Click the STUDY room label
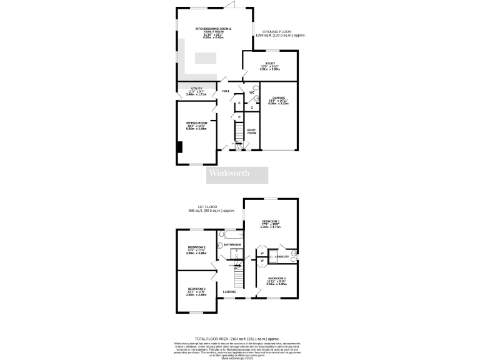(270, 63)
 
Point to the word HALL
(226, 91)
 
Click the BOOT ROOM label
(252, 131)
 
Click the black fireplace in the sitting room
(180, 147)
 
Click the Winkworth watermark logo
(229, 173)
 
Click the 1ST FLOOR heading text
(206, 206)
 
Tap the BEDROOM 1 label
(270, 222)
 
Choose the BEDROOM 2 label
(197, 247)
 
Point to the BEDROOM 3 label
(196, 289)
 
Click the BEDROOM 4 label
(277, 277)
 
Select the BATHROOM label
(232, 244)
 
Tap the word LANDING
(229, 292)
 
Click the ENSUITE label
(282, 257)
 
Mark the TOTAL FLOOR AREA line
(239, 336)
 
